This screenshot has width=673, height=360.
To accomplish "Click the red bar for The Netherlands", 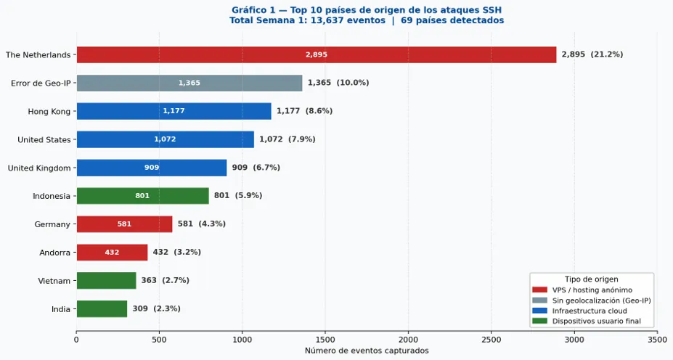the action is point(317,54).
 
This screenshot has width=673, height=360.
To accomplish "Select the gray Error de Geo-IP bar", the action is point(189,83).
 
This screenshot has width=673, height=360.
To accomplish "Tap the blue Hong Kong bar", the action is point(174,111).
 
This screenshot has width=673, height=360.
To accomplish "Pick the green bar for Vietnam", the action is point(107,281).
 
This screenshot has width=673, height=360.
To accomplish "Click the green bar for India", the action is point(102,309).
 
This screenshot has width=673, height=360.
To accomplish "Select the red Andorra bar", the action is point(112,253).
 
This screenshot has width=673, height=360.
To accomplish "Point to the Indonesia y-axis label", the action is point(52,196).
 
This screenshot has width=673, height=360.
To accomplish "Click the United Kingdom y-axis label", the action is point(39,168).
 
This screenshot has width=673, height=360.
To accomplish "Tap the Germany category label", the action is point(52,224).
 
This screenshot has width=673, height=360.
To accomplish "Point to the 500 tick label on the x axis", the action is point(159,340).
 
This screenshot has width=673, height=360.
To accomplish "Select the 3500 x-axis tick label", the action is point(657,340).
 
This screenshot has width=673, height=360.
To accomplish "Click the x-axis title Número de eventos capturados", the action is point(367,351).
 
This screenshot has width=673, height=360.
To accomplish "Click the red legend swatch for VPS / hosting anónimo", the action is point(539,290).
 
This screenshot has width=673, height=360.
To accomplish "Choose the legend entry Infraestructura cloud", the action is point(590,311).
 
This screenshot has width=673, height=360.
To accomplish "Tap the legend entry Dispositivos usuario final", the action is point(596,321).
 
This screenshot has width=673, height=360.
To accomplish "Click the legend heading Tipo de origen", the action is point(592,279).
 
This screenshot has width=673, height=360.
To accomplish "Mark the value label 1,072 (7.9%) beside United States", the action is point(287,139).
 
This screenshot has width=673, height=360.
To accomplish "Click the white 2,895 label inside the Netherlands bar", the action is point(317,54).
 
